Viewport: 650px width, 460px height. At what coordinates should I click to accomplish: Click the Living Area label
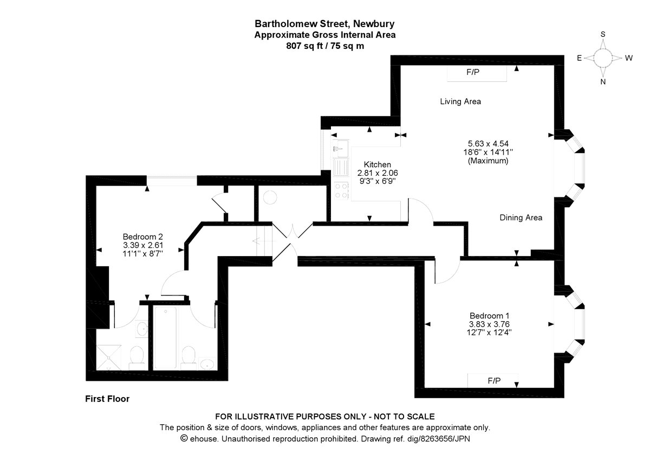[x=460, y=101]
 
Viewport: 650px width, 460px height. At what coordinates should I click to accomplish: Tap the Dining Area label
[x=521, y=218]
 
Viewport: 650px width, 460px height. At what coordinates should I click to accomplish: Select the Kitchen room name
[x=377, y=164]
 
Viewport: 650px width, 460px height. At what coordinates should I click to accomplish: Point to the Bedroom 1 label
[x=489, y=316]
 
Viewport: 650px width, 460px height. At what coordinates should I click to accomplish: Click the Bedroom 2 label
[x=143, y=237]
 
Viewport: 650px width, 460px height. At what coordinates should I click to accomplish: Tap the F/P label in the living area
[x=473, y=72]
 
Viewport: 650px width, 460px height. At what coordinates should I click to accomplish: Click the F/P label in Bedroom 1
[x=494, y=381]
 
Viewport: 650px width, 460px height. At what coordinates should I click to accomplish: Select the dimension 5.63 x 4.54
[x=488, y=144]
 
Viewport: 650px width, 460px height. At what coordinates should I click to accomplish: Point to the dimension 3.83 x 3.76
[x=489, y=324]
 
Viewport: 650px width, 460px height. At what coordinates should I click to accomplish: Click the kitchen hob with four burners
[x=341, y=190]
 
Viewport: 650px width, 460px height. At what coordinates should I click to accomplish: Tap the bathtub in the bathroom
[x=165, y=338]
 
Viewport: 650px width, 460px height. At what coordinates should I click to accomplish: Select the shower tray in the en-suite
[x=108, y=357]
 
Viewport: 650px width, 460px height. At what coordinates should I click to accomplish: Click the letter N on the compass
[x=603, y=82]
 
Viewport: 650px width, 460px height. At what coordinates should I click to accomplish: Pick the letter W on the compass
[x=628, y=58]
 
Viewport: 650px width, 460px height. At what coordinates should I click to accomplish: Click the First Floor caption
[x=107, y=399]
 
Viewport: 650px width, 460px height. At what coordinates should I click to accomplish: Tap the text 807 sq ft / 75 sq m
[x=325, y=46]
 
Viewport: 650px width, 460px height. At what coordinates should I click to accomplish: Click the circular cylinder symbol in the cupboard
[x=270, y=197]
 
